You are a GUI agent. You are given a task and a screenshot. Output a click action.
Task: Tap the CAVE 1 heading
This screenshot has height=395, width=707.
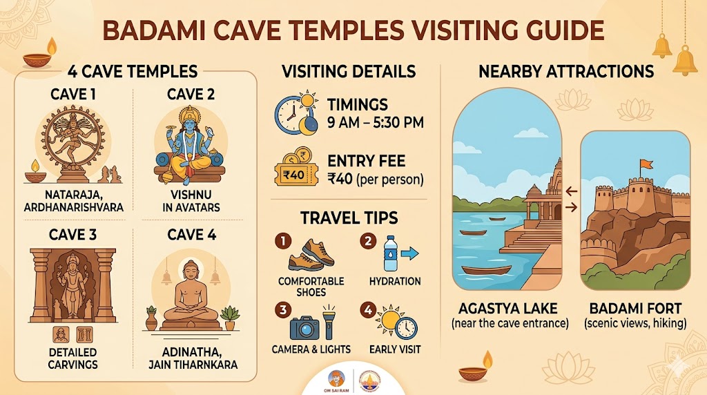tap(72, 94)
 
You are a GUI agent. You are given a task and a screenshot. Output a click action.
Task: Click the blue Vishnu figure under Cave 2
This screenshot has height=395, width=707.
tap(189, 144)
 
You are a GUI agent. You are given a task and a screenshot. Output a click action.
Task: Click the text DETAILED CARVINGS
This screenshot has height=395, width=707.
tap(72, 358)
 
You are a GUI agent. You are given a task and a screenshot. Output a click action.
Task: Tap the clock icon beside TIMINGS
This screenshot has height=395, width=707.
tap(287, 115)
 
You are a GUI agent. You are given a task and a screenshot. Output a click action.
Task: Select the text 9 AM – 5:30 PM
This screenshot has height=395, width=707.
tap(376, 122)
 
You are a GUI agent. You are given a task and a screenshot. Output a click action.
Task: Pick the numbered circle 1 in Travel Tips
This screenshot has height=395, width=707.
tap(282, 241)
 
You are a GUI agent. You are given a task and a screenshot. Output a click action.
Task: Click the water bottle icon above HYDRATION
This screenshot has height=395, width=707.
tap(391, 254)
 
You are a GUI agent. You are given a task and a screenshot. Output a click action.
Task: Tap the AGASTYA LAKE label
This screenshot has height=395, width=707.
tap(507, 309)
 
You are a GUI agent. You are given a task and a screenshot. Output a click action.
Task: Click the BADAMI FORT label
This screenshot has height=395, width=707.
tap(635, 309)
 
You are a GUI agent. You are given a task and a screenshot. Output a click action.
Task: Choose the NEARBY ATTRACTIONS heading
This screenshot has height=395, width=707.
tap(566, 71)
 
